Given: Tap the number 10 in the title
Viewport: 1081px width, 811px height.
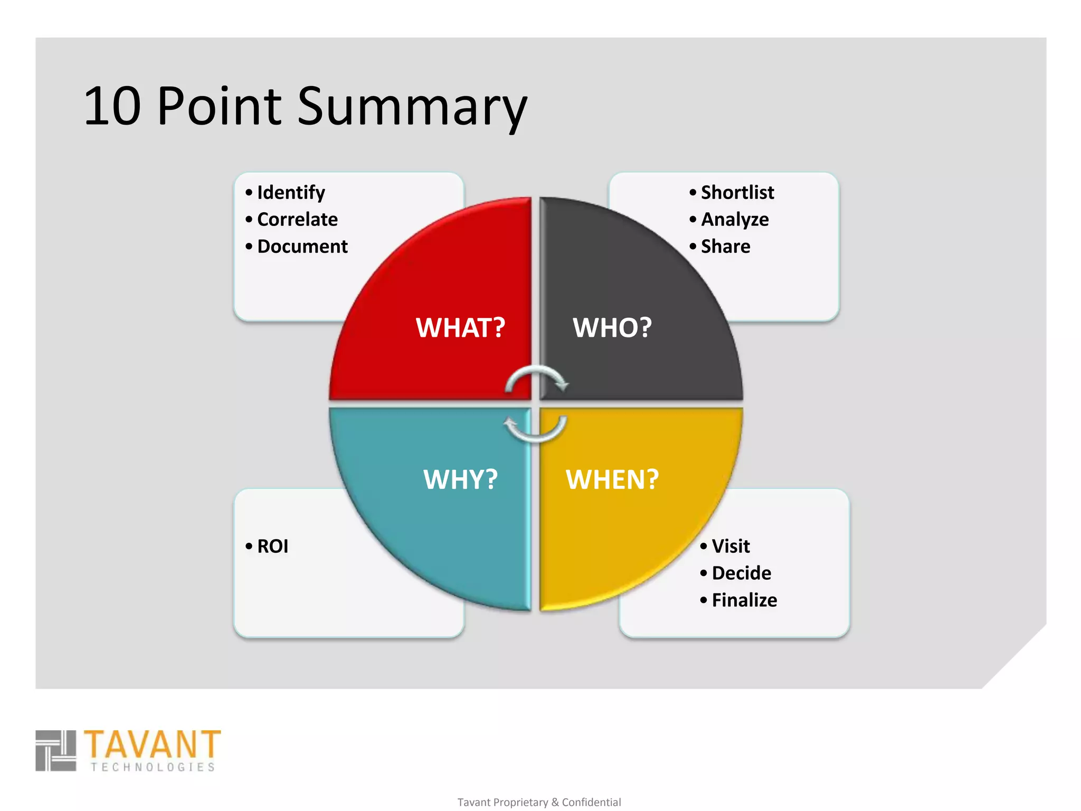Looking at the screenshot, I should coord(112,107).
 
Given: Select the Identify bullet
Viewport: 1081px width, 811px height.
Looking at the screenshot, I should coord(290,193).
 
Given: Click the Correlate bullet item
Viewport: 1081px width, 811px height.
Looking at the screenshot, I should coord(297,220).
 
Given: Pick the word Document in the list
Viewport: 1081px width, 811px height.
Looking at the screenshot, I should coord(302,247).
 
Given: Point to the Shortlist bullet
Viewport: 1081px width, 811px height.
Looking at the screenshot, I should coord(737,193).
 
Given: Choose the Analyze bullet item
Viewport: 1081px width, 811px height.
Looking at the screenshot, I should coord(734,220).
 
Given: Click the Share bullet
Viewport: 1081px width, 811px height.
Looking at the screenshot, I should coord(725,247).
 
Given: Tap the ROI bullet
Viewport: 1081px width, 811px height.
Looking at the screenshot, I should coord(272,546).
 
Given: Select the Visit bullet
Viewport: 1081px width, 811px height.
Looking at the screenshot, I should coord(731,546).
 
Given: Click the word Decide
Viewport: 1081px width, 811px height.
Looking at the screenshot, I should coord(741,573).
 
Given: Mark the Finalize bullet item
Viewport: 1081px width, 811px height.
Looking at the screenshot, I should coord(744,600).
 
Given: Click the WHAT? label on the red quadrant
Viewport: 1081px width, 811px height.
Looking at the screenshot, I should coord(460,328).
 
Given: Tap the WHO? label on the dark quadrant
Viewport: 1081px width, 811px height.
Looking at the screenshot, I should coord(612,328).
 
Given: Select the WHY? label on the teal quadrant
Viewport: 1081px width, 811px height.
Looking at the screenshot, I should coord(460,479).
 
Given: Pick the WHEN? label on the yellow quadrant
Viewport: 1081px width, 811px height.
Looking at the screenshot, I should coord(612,479).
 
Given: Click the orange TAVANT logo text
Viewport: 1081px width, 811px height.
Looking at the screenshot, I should coord(152,744).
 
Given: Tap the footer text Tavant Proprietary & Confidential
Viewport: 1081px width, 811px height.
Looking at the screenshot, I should coord(539,802).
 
